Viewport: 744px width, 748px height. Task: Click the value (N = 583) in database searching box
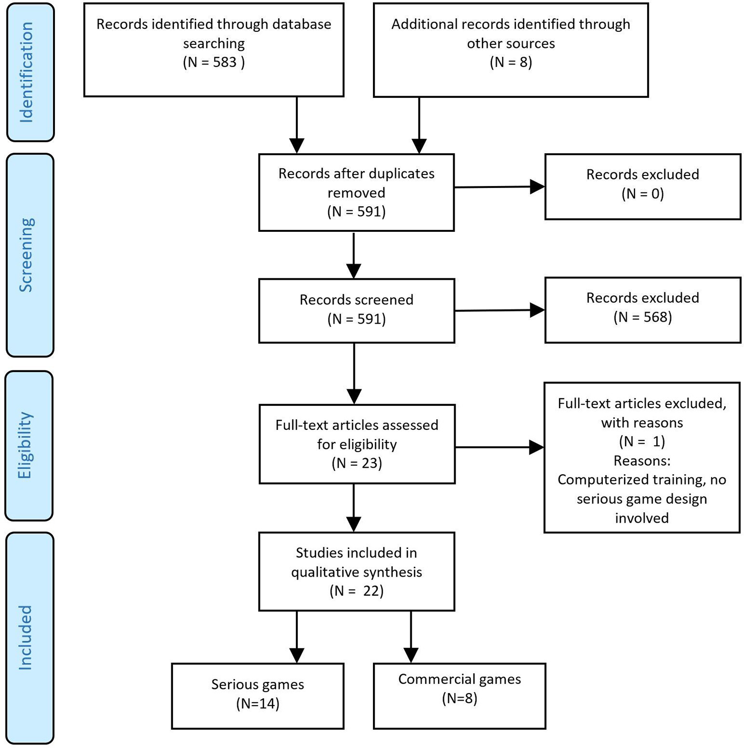[x=214, y=62]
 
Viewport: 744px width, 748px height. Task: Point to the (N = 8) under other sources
[x=511, y=62]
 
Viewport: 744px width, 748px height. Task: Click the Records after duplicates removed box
[x=356, y=193]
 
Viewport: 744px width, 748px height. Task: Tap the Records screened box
[x=356, y=310]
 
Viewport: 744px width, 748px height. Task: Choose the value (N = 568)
[x=643, y=317]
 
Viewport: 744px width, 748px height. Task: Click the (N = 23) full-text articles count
[x=356, y=463]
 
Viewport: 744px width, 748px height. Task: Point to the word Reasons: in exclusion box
[x=642, y=461]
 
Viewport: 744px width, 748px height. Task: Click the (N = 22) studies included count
[x=356, y=591]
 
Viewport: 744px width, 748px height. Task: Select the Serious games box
[x=258, y=696]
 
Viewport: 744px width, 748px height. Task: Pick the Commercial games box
[x=459, y=696]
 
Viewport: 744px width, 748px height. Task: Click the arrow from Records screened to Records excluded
[x=499, y=310]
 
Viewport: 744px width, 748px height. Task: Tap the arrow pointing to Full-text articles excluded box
[x=499, y=447]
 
